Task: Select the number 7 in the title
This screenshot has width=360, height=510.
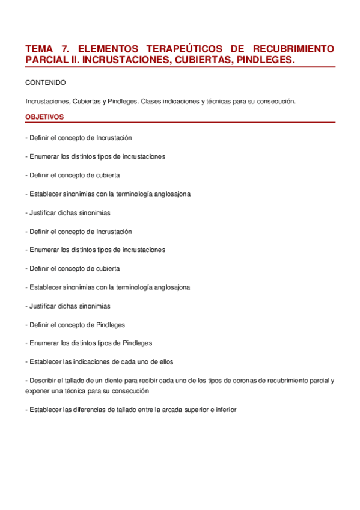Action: coord(66,48)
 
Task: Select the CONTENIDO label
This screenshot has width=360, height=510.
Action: coord(45,82)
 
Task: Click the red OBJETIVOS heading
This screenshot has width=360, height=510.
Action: coord(44,117)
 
